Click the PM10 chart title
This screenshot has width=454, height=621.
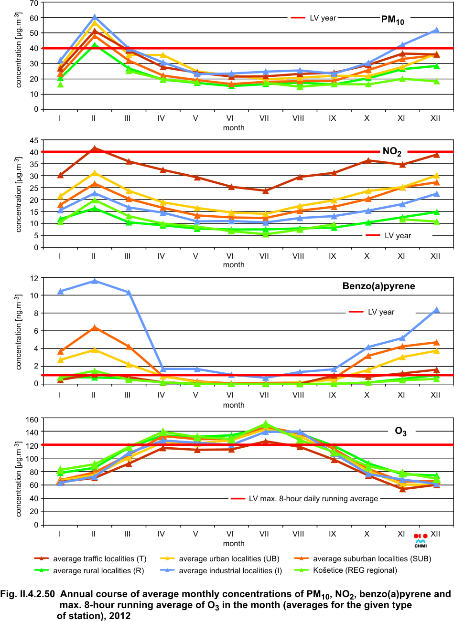click(392, 20)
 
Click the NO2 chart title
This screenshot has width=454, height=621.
click(391, 152)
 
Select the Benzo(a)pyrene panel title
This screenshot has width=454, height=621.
click(378, 286)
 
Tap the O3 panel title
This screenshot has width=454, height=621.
click(400, 432)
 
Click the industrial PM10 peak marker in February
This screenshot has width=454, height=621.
click(94, 18)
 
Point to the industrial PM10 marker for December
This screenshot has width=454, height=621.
click(435, 30)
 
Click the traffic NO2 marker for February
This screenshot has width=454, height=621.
click(94, 148)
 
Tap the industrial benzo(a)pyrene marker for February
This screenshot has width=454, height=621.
click(94, 281)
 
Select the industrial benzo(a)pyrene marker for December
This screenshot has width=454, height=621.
click(435, 310)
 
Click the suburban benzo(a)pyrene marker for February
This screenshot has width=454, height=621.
click(94, 327)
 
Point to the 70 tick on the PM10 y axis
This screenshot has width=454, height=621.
click(34, 3)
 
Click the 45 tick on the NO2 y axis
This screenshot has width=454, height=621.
click(34, 140)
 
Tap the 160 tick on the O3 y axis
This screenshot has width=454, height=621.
click(32, 420)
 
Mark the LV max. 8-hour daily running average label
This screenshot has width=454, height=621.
click(313, 499)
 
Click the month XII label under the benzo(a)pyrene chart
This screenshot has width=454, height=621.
click(435, 395)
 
